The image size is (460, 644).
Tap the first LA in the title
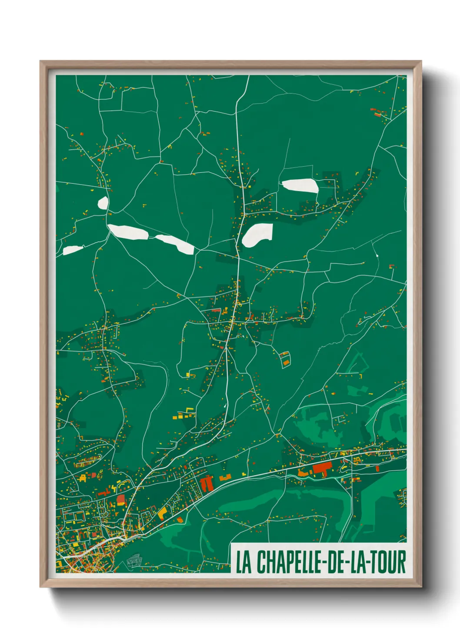point(243,562)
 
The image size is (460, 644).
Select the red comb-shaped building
point(207,483)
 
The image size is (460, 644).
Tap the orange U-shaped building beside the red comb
point(225,478)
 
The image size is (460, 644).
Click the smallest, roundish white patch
point(103,203)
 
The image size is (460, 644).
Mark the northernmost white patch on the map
point(300,186)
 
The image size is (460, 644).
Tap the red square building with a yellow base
point(120,500)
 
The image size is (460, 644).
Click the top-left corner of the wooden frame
point(40,61)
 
